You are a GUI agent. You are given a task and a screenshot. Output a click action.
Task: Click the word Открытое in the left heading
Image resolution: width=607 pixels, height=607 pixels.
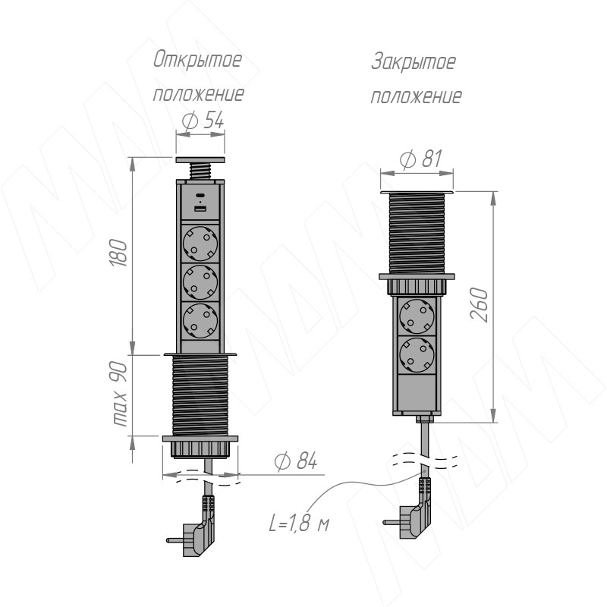(197, 61)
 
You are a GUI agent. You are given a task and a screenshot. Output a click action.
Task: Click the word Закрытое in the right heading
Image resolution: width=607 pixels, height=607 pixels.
(414, 62)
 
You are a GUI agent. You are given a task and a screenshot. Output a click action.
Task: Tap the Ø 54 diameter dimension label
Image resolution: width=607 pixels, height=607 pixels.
(203, 120)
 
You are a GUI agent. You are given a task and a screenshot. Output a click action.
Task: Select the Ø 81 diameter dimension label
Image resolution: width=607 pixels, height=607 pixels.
(420, 159)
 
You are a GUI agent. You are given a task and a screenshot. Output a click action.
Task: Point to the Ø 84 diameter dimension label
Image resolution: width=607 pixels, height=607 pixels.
(296, 461)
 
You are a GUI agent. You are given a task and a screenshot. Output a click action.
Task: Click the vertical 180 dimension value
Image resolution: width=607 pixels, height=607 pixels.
(119, 253)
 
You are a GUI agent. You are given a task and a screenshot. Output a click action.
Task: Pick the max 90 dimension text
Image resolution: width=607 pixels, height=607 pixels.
(120, 394)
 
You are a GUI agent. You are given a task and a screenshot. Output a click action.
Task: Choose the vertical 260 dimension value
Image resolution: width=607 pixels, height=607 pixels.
(480, 305)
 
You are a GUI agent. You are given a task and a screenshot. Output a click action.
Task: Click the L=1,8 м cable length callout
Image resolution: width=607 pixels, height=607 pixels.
(299, 524)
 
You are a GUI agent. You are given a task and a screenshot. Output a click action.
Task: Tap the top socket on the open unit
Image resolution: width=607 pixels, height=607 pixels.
(200, 244)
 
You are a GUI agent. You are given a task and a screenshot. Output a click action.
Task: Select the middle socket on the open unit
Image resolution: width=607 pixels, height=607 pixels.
(200, 282)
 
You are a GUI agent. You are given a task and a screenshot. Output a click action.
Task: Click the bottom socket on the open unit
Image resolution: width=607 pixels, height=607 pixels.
(200, 321)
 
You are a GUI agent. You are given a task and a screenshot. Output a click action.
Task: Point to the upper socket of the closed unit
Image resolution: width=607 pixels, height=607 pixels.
(417, 316)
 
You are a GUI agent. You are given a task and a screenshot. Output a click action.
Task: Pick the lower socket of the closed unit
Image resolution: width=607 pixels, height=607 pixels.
(417, 355)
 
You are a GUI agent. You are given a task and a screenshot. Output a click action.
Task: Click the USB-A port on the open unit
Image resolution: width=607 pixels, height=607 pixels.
(200, 209)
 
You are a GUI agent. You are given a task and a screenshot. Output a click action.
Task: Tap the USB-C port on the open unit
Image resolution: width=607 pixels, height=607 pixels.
(200, 196)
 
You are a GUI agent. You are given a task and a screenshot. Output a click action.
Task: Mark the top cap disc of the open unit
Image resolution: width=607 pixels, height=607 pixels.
(200, 159)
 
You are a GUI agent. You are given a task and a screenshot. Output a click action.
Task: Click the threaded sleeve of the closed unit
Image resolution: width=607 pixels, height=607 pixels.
(417, 233)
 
